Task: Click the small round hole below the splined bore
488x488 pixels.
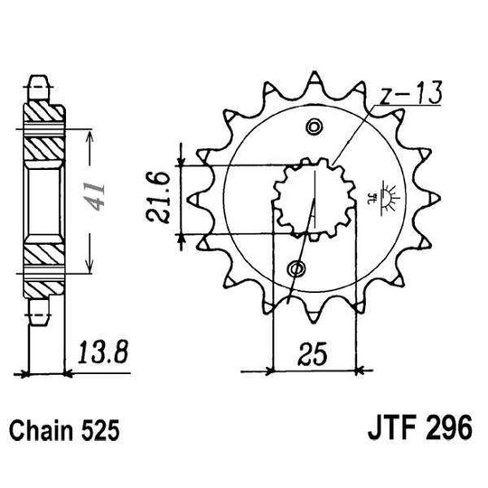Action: (x=297, y=267)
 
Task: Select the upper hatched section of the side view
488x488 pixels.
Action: (x=43, y=127)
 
